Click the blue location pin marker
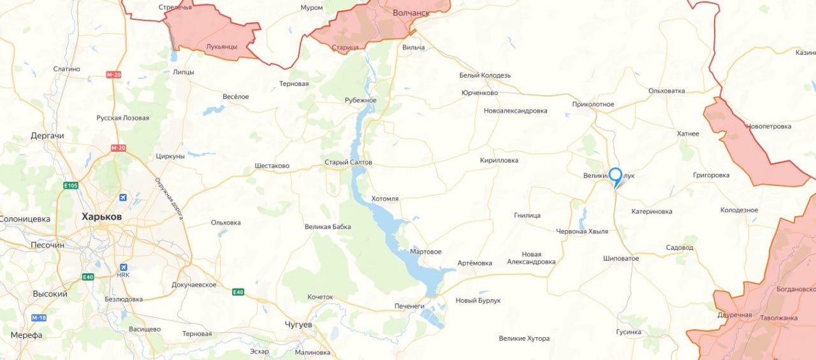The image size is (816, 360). (615, 176)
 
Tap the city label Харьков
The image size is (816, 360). (102, 217)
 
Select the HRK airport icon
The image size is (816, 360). (123, 267)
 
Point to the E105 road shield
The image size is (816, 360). (70, 185)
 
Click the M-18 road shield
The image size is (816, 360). (38, 317)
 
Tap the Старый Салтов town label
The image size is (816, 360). (348, 162)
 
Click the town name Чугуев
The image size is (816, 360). (298, 325)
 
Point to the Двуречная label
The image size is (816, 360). (734, 315)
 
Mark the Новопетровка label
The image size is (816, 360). (768, 126)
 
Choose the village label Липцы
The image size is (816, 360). (184, 72)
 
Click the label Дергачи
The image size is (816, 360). (47, 136)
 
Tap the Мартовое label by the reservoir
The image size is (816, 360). (426, 252)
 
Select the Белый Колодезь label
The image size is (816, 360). (485, 75)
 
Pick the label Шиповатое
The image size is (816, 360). (621, 259)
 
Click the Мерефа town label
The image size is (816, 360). (26, 335)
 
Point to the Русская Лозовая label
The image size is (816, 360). (123, 118)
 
